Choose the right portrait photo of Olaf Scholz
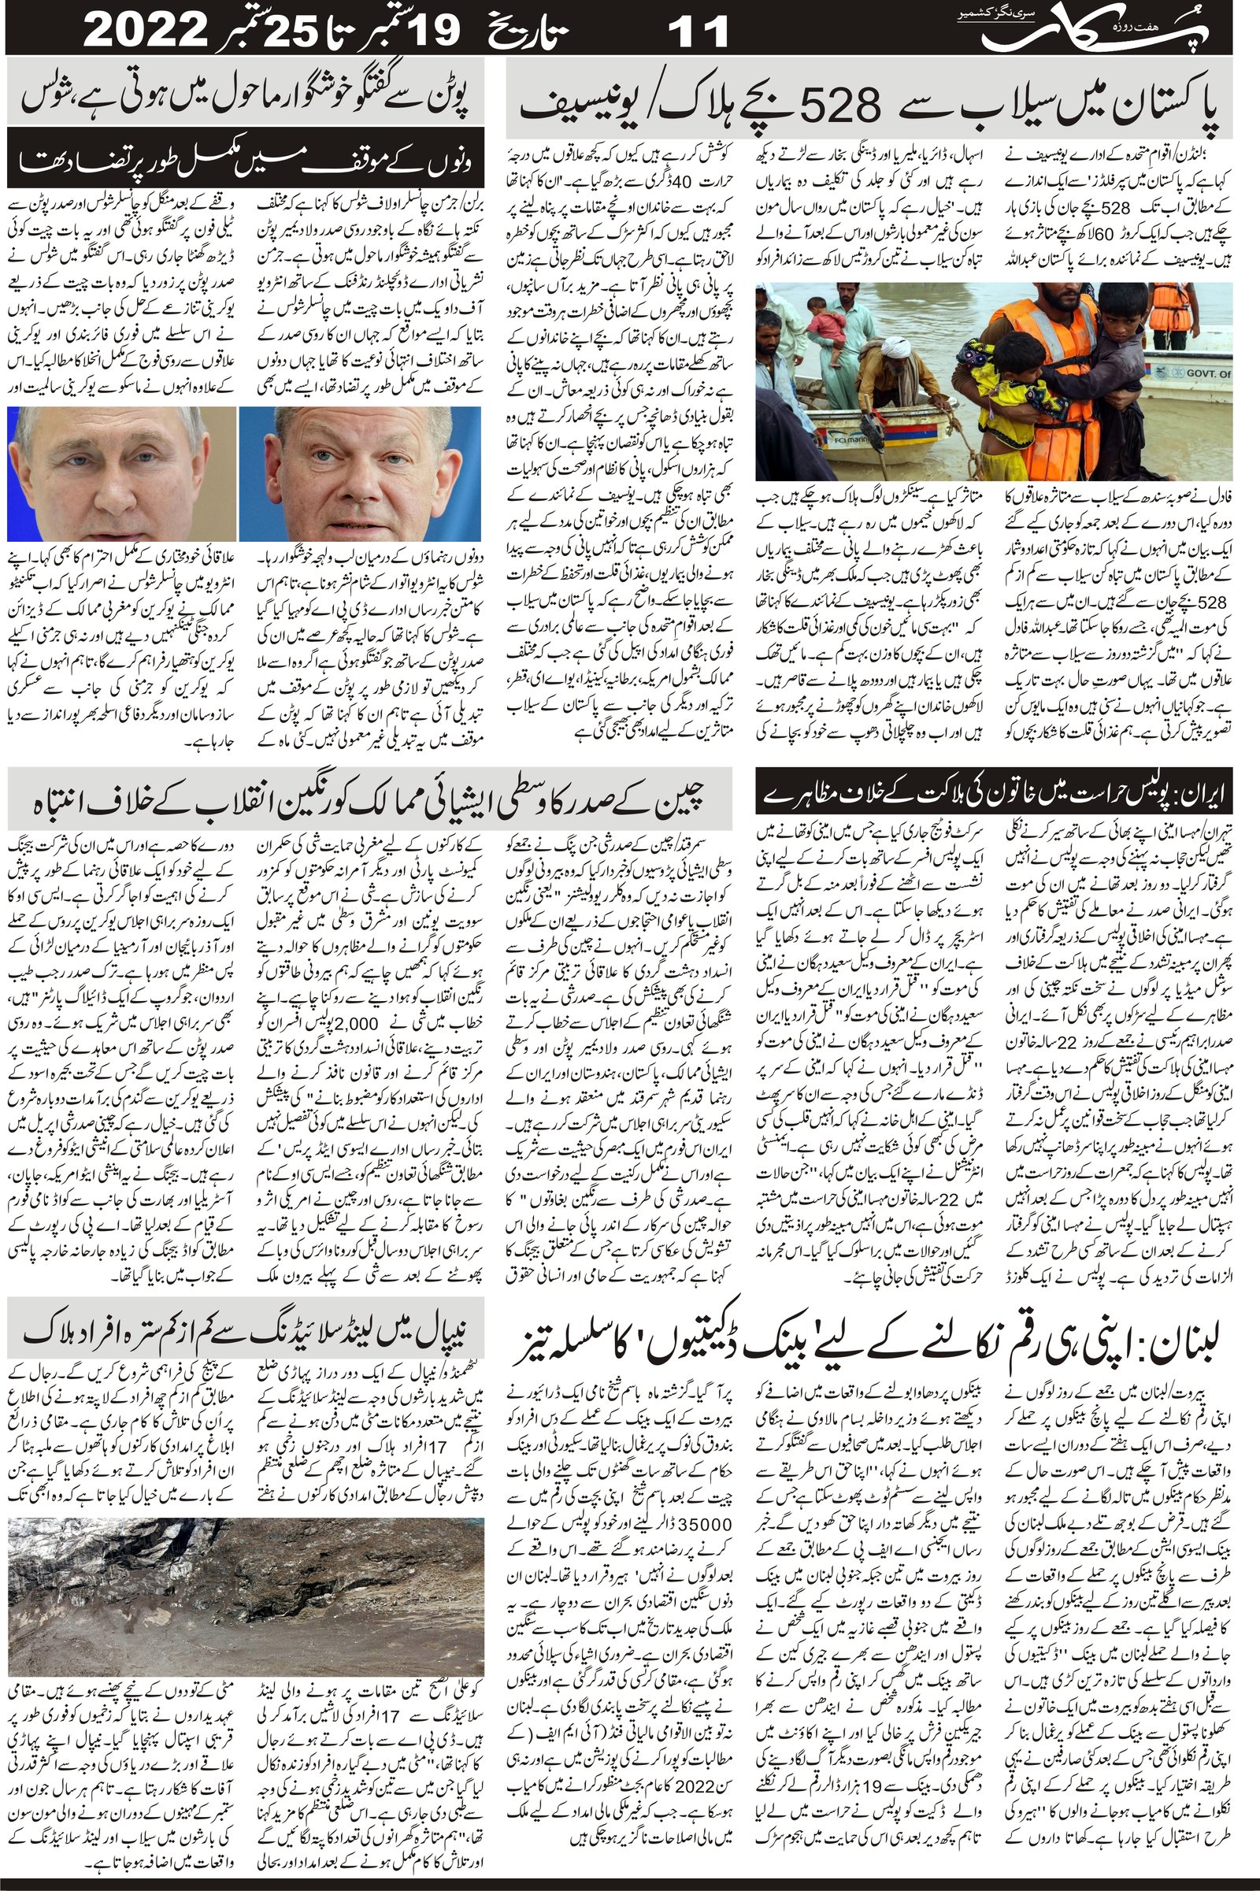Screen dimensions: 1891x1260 pyautogui.click(x=361, y=473)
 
